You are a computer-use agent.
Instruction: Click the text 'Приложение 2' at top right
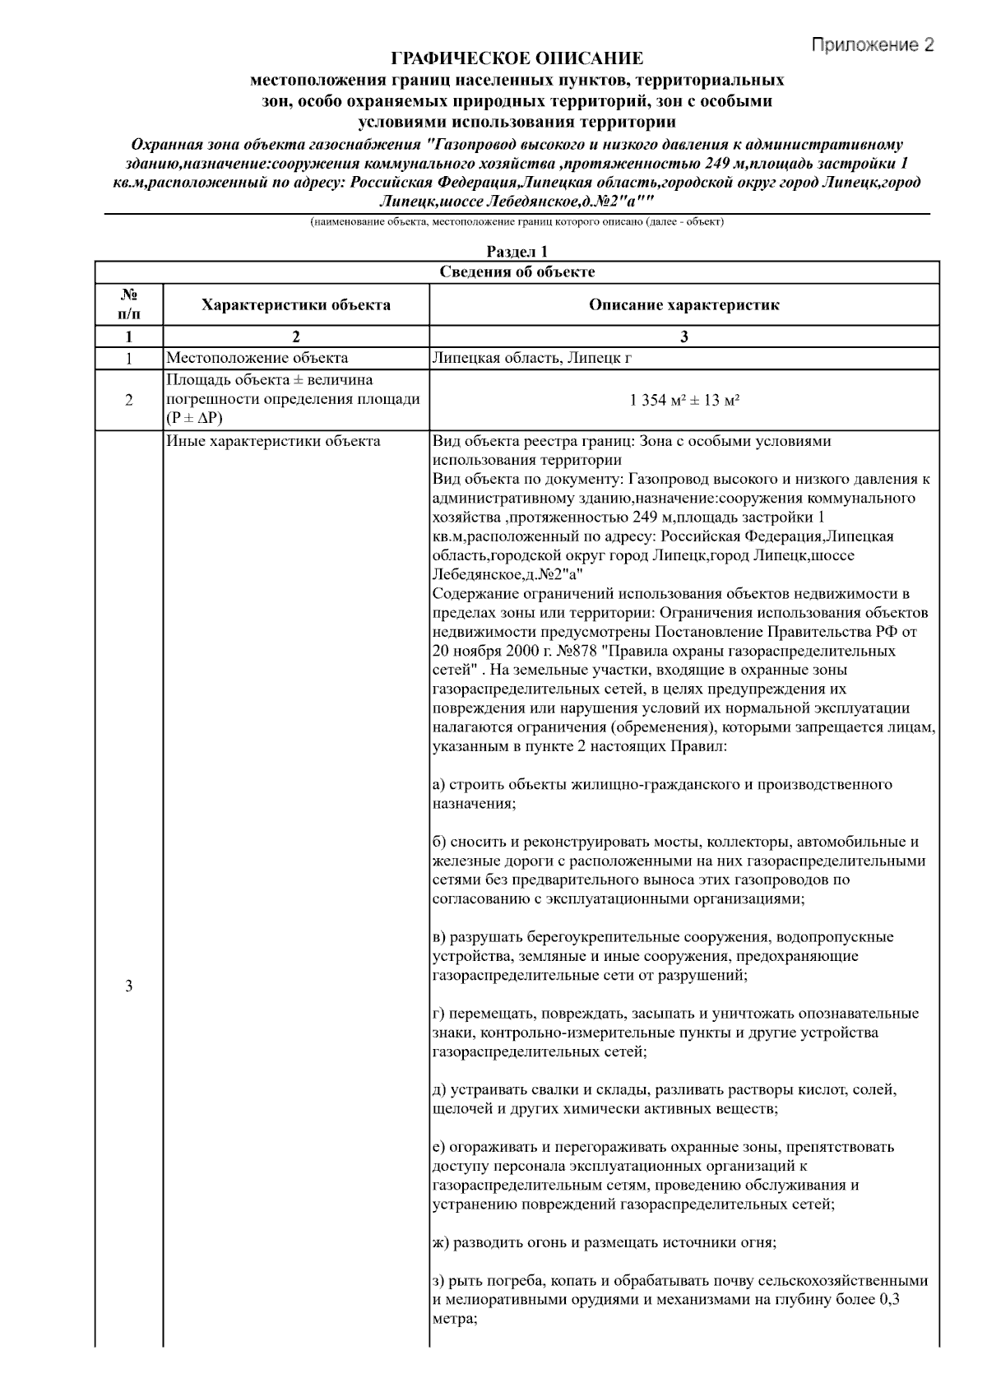[873, 44]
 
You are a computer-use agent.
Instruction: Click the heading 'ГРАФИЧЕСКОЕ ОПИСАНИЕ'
[517, 58]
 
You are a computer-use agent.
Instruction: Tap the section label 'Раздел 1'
[517, 252]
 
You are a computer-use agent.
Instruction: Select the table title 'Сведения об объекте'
[517, 272]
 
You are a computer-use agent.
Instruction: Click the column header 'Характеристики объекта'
[296, 305]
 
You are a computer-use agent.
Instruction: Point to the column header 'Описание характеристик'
[683, 305]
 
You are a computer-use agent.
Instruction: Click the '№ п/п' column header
[129, 304]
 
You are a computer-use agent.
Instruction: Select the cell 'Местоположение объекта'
[257, 358]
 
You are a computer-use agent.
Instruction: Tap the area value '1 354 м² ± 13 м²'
[683, 400]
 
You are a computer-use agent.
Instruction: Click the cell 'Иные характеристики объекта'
[273, 441]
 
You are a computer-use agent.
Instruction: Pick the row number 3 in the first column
[129, 986]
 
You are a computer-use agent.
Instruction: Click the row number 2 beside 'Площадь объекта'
[129, 401]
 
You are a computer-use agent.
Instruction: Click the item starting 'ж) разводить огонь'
[604, 1242]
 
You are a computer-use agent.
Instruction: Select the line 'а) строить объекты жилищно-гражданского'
[661, 785]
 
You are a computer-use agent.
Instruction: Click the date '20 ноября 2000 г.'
[483, 651]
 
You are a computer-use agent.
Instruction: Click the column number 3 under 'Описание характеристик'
[683, 336]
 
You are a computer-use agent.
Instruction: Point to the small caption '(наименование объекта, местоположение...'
[517, 222]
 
